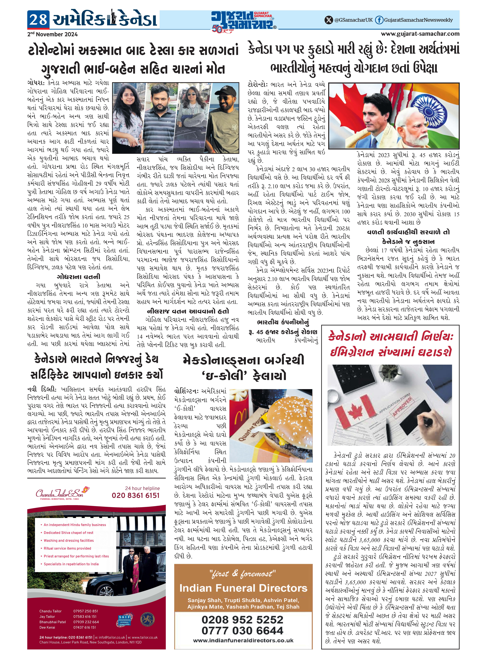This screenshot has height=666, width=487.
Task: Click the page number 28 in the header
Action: click(x=38, y=20)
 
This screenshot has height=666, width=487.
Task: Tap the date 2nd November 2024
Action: click(x=52, y=34)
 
